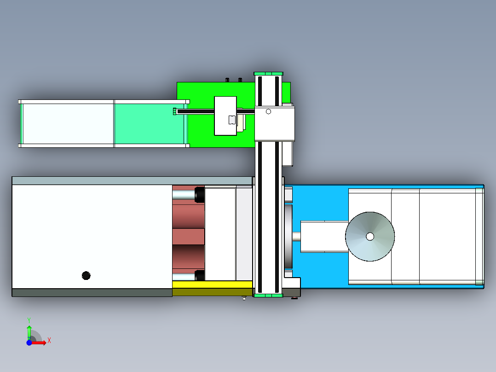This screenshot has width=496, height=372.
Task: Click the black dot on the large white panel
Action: tap(86, 275)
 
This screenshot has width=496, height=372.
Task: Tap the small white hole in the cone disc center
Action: tap(370, 236)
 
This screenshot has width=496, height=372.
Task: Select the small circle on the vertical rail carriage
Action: tap(269, 111)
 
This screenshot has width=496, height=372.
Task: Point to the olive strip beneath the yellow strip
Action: tap(212, 292)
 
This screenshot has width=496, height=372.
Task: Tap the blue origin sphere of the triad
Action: tap(29, 343)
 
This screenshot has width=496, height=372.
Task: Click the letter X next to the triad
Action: tap(49, 341)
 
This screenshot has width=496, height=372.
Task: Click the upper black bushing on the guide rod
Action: tap(200, 195)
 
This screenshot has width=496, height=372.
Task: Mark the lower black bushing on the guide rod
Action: tap(200, 275)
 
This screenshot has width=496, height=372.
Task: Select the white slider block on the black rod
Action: tap(225, 116)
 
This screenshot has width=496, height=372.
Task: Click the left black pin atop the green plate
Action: tap(227, 80)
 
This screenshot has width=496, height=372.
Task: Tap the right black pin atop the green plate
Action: tap(240, 80)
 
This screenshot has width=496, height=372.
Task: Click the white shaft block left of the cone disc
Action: tap(324, 237)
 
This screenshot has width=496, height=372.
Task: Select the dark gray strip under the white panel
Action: tap(92, 293)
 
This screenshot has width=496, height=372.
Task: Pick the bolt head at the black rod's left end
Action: tap(174, 111)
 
